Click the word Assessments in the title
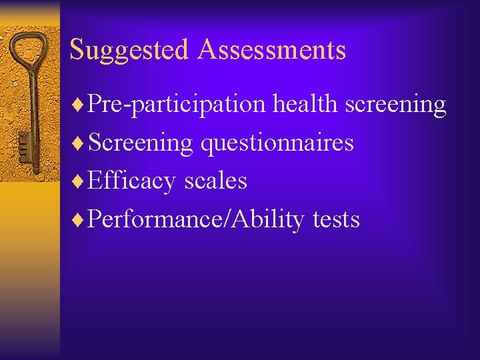(271, 49)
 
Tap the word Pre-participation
(177, 105)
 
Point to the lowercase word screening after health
(396, 105)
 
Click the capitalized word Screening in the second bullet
(140, 143)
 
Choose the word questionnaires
(277, 143)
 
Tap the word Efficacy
(130, 181)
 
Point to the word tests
(336, 219)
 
